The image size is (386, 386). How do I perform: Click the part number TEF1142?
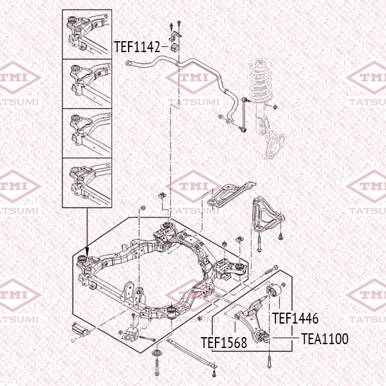(x=137, y=47)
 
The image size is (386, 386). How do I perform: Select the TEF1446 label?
(x=296, y=318)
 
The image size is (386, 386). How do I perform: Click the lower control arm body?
(x=254, y=318)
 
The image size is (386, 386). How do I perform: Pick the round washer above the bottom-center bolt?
(x=158, y=354)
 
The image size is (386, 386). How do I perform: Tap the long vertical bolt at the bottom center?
(x=158, y=372)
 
